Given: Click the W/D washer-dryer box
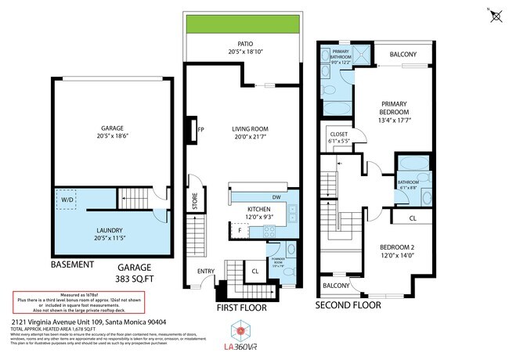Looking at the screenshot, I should pyautogui.click(x=68, y=200).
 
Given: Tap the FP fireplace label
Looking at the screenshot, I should pyautogui.click(x=200, y=130).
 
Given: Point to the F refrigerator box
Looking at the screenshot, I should pyautogui.click(x=239, y=231).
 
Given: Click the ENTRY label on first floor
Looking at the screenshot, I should pyautogui.click(x=206, y=272).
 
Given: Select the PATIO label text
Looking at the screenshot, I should pyautogui.click(x=243, y=44).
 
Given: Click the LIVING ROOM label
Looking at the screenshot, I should pyautogui.click(x=250, y=130).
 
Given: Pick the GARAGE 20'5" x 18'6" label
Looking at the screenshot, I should pyautogui.click(x=111, y=131).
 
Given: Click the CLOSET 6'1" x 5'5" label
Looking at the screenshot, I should pyautogui.click(x=339, y=138).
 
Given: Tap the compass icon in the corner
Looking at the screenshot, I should pyautogui.click(x=494, y=15).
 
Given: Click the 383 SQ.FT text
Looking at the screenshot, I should pyautogui.click(x=130, y=279).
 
